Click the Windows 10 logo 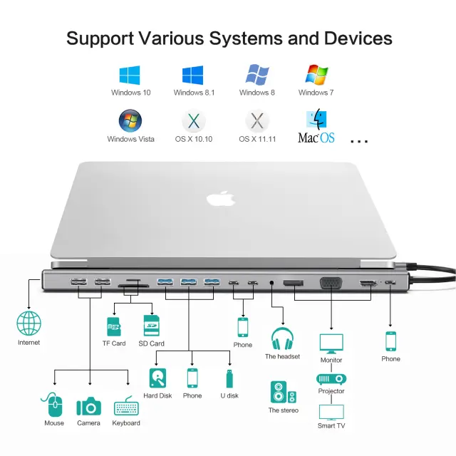pyautogui.click(x=130, y=75)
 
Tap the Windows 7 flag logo pyautogui.click(x=316, y=75)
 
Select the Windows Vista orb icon pyautogui.click(x=130, y=120)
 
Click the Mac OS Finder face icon pyautogui.click(x=316, y=120)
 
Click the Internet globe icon pyautogui.click(x=29, y=324)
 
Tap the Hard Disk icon pyautogui.click(x=157, y=378)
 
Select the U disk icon pyautogui.click(x=229, y=378)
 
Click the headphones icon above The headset pyautogui.click(x=282, y=338)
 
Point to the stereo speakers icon pyautogui.click(x=283, y=393)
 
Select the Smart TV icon pyautogui.click(x=331, y=413)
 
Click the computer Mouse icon pyautogui.click(x=54, y=405)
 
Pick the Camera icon pyautogui.click(x=89, y=406)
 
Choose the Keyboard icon pyautogui.click(x=126, y=406)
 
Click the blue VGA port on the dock pyautogui.click(x=331, y=285)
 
